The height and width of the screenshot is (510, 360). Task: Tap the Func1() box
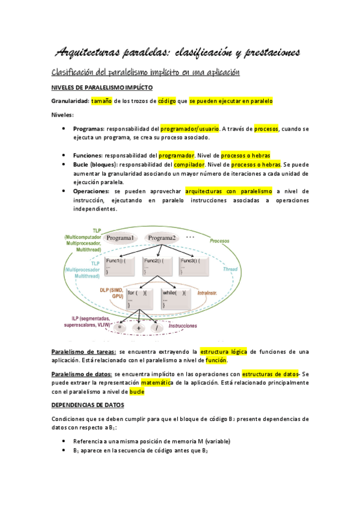pos(121,266)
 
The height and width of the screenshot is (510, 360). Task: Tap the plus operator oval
pos(139,328)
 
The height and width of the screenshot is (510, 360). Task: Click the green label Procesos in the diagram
pos(219,241)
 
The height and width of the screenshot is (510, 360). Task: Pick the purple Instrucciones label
pos(183,325)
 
